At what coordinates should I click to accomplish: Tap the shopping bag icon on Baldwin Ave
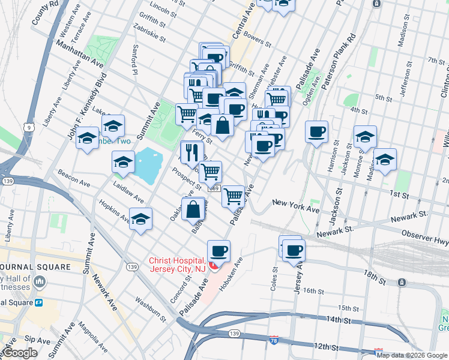[193, 209]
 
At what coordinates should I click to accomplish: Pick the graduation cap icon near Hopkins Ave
[141, 220]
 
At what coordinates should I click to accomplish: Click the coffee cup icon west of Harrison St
[316, 132]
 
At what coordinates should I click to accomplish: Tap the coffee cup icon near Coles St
[294, 251]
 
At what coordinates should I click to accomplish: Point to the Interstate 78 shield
[274, 340]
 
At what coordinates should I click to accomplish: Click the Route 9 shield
[29, 127]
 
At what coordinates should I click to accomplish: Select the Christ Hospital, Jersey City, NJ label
[178, 264]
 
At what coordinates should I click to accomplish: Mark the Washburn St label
[150, 306]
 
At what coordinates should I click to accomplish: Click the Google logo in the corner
[20, 353]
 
